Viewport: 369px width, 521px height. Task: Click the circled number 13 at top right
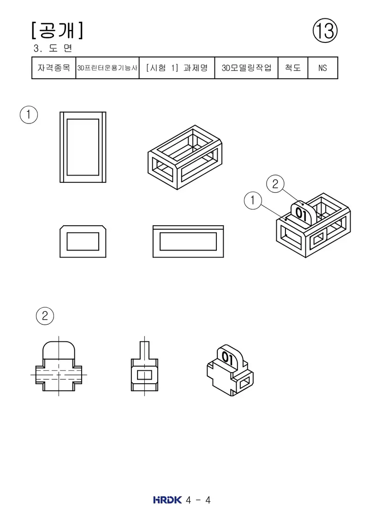coord(325,30)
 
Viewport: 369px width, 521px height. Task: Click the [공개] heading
coord(57,30)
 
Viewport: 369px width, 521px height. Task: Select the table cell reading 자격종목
coord(54,68)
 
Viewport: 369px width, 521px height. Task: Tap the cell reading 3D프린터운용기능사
coord(107,68)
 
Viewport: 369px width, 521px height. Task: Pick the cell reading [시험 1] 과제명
coord(177,68)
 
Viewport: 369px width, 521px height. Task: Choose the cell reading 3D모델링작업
coord(247,68)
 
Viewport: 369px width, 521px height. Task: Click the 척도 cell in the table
coord(293,68)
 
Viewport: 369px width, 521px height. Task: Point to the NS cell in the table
coord(323,68)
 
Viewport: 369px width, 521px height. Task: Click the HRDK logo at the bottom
coord(167,500)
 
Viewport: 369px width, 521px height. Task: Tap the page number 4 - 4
coord(198,500)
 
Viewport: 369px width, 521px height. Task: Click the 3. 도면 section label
coord(53,48)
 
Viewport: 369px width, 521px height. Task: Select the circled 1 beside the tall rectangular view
coord(29,115)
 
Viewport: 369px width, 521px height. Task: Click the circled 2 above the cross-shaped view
coord(45,316)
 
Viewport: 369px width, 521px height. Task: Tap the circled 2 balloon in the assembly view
coord(275,184)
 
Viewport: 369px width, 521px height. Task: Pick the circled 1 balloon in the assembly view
coord(253,200)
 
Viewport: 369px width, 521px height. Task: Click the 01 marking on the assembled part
coord(301,214)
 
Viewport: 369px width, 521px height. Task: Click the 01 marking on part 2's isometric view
coord(227,357)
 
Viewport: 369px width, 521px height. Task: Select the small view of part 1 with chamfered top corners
coord(83,241)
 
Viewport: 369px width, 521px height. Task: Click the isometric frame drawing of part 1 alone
coord(185,157)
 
